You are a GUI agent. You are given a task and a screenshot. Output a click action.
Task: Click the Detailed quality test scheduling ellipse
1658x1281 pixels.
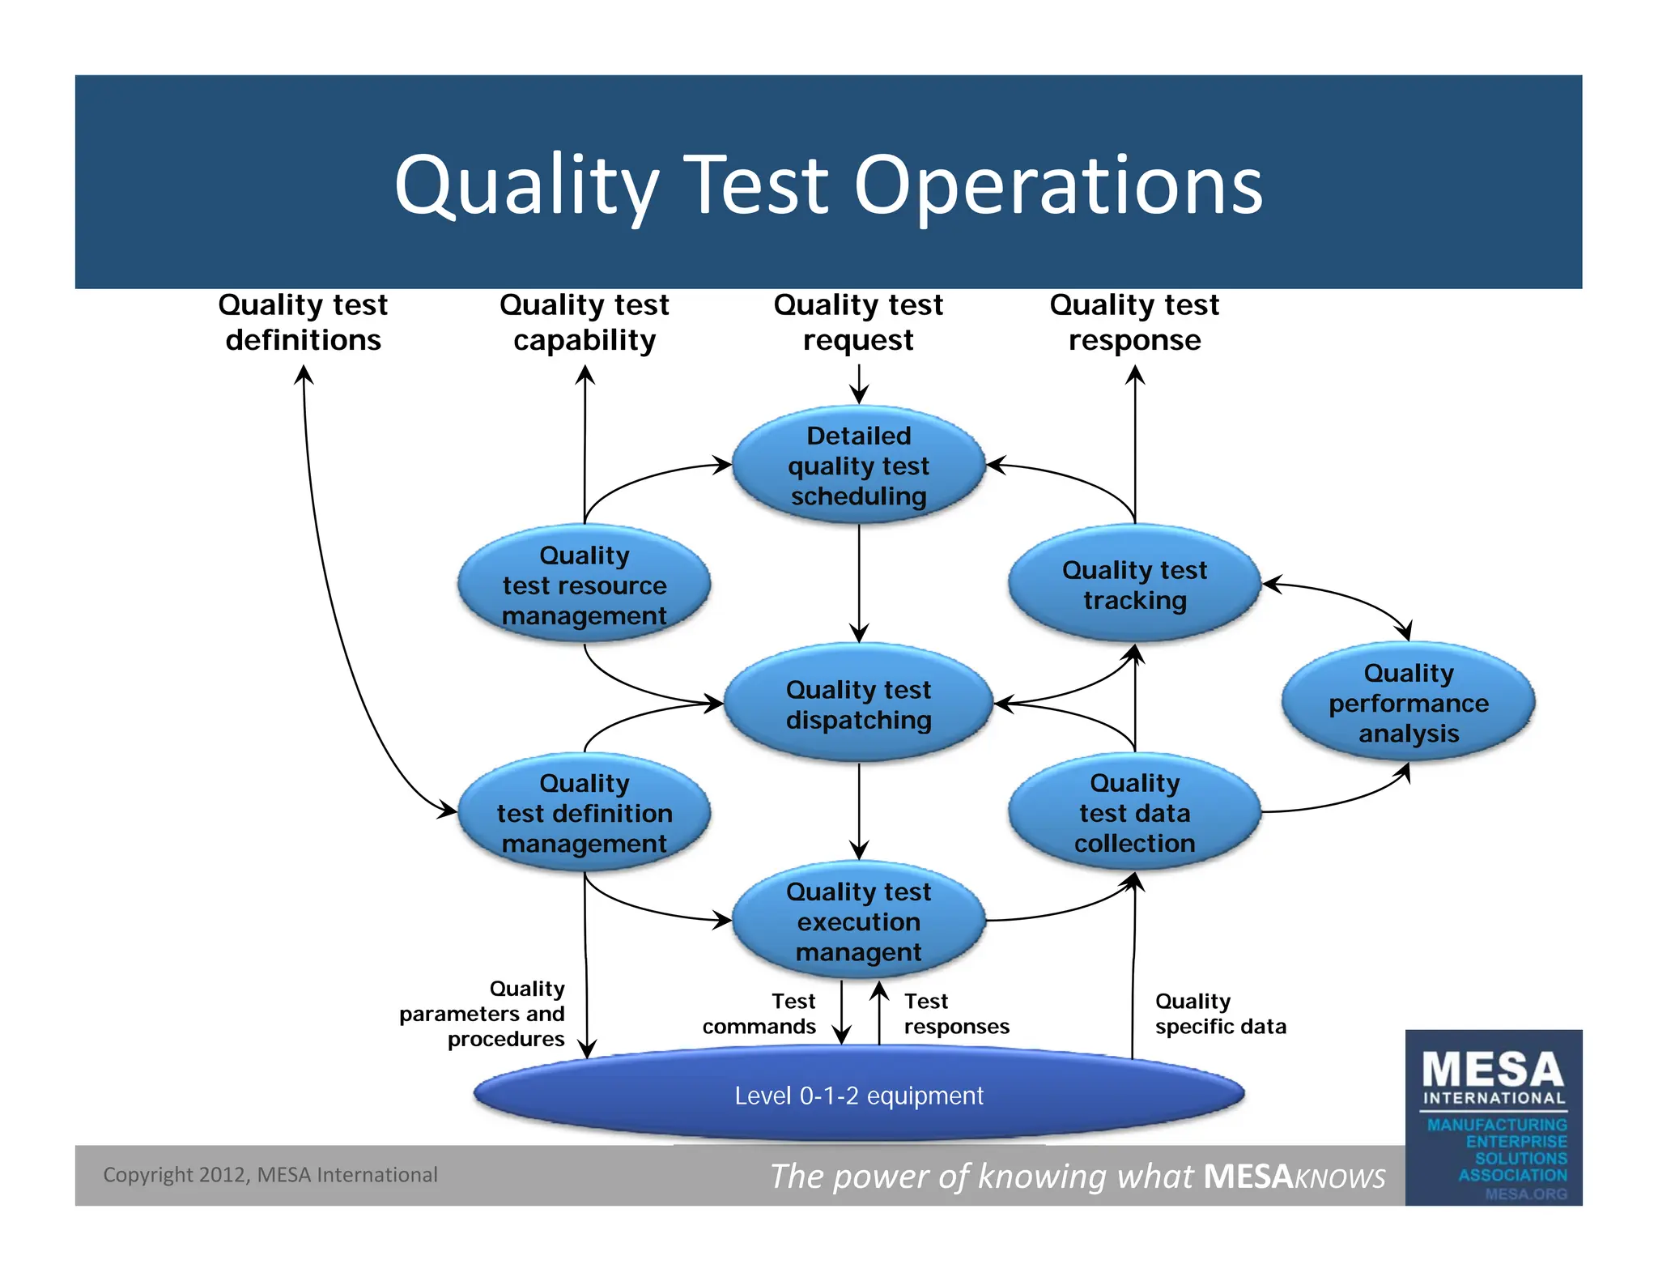[858, 465]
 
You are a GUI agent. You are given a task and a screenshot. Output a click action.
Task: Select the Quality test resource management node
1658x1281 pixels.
[584, 585]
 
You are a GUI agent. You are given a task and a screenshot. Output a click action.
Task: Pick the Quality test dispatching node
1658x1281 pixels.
[858, 704]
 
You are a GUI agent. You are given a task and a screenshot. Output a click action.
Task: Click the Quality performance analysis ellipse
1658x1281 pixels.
[1408, 702]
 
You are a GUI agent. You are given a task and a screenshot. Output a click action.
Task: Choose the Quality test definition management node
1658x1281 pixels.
[584, 812]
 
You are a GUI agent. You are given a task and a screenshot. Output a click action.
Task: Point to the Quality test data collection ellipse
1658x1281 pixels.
[1134, 812]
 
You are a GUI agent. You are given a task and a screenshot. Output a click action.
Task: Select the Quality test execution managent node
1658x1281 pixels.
[858, 921]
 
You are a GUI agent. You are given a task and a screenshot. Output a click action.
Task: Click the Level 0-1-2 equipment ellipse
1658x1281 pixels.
[858, 1095]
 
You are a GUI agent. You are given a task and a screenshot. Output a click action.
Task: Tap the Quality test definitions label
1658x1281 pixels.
[303, 322]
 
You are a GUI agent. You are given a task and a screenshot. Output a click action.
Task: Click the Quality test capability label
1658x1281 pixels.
[584, 322]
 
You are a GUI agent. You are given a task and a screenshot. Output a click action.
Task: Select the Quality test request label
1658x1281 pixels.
[858, 322]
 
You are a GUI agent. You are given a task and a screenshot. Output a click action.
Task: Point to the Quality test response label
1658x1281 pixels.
[1134, 322]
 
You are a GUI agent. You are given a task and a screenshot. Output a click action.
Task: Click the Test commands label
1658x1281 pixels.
[759, 1014]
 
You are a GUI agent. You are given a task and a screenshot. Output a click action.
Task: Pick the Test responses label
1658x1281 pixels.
[956, 1014]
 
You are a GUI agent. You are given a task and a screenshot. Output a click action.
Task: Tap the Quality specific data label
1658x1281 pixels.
[1219, 1014]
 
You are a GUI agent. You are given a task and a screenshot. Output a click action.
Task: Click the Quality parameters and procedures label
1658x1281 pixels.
[483, 1014]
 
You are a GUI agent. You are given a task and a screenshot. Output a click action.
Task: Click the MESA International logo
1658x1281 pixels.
[1493, 1117]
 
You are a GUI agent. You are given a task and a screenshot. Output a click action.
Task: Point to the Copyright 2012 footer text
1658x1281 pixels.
[270, 1174]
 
